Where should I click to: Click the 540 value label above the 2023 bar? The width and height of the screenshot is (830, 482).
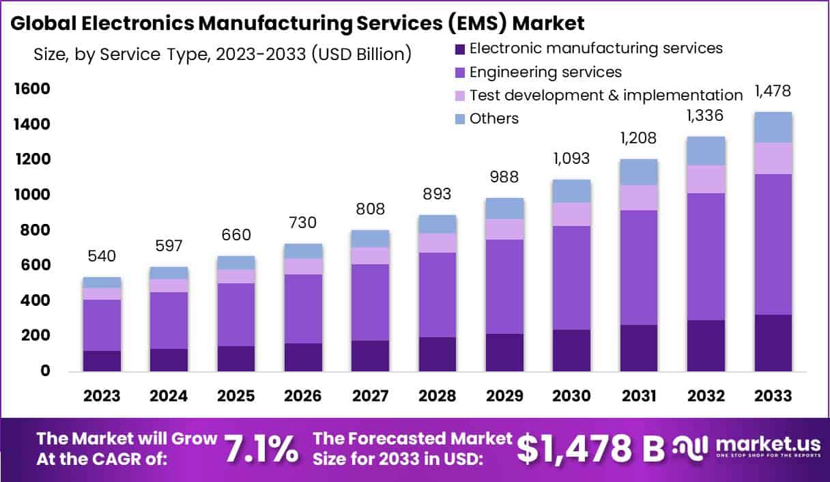102,257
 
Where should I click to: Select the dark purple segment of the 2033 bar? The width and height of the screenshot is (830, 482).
773,343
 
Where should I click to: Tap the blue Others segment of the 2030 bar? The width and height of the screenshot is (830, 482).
571,191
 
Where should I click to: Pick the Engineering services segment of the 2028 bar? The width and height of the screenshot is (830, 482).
437,295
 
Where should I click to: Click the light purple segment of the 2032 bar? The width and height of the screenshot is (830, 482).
706,180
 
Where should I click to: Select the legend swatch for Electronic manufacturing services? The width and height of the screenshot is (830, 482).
459,49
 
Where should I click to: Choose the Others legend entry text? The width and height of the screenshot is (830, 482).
494,119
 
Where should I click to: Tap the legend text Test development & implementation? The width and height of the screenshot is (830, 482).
606,96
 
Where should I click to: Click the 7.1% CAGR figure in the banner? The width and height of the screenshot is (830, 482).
261,449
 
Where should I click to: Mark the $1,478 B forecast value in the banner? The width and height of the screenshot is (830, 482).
590,449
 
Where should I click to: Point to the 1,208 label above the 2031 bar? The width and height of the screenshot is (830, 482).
638,139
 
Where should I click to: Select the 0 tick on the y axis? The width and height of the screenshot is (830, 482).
45,371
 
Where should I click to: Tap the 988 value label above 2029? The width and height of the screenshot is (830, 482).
504,178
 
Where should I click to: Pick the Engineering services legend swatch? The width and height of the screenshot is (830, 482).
459,72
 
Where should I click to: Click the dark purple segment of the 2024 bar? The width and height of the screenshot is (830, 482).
169,360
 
